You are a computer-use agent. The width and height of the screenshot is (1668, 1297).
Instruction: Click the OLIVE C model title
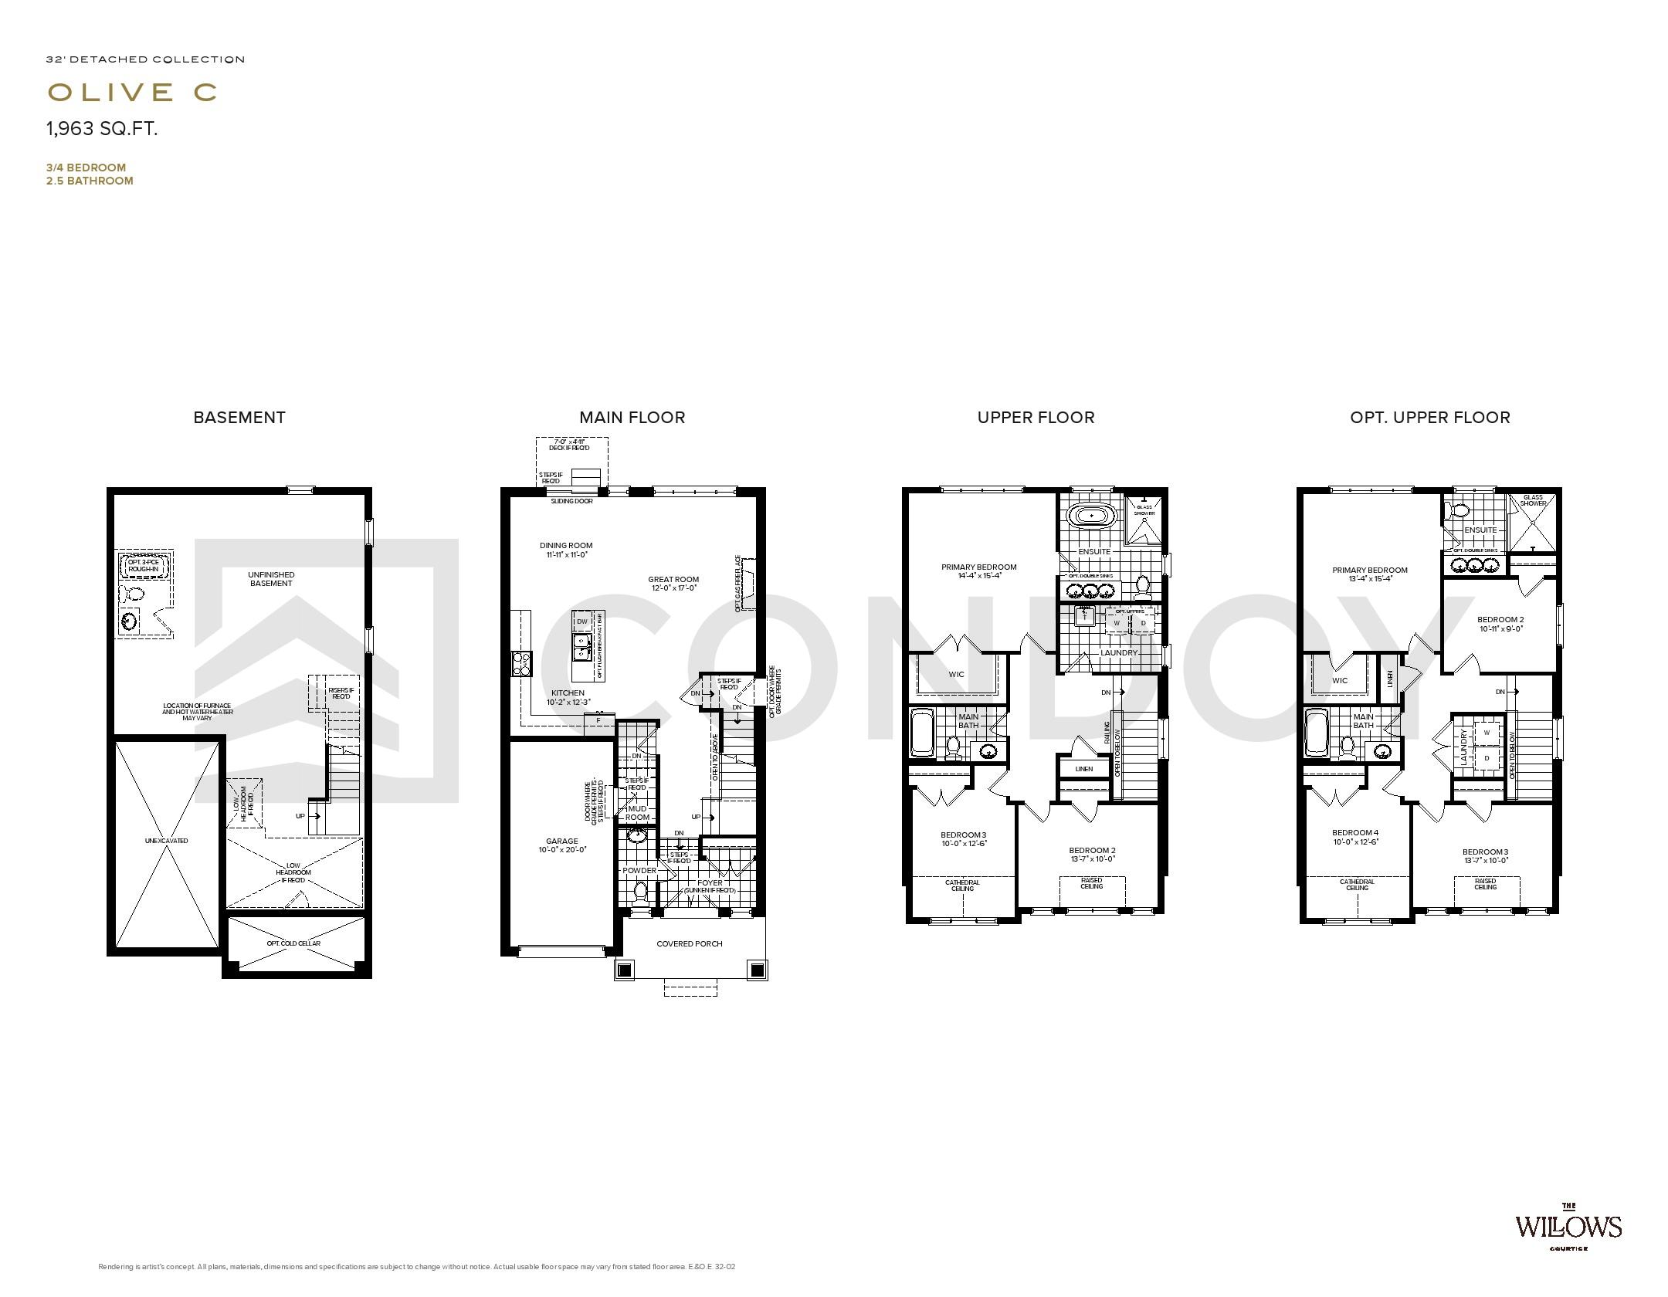(x=132, y=92)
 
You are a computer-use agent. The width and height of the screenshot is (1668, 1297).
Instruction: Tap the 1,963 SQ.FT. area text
(x=102, y=129)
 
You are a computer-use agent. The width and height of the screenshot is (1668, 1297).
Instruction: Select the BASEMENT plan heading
(x=239, y=418)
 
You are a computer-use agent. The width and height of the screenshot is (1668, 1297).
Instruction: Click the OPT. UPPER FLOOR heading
(x=1429, y=418)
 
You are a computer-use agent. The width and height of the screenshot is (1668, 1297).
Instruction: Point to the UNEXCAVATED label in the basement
(x=166, y=841)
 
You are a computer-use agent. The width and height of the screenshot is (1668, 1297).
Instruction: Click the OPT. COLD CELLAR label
(x=293, y=943)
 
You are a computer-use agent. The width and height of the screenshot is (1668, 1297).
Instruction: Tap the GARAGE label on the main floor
(x=562, y=842)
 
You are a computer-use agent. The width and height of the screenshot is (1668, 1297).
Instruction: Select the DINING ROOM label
(x=566, y=545)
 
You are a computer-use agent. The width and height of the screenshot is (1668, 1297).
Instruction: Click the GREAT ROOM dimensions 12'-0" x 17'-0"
(x=674, y=588)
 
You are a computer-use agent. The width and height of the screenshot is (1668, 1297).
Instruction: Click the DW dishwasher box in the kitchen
(x=582, y=621)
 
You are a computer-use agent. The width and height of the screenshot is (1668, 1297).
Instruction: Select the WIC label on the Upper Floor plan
(x=957, y=674)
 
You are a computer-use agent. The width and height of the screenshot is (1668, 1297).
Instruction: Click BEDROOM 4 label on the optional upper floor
(x=1355, y=832)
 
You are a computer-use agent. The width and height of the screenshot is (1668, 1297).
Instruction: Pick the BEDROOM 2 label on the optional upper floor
(x=1500, y=619)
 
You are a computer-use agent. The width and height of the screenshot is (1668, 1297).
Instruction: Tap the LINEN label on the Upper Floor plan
(x=1083, y=769)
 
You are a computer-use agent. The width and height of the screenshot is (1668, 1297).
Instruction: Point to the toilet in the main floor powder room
(x=639, y=892)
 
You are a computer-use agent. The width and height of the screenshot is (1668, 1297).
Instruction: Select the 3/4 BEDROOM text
(x=86, y=168)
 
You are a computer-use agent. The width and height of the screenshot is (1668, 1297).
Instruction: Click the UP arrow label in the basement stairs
(x=301, y=816)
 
